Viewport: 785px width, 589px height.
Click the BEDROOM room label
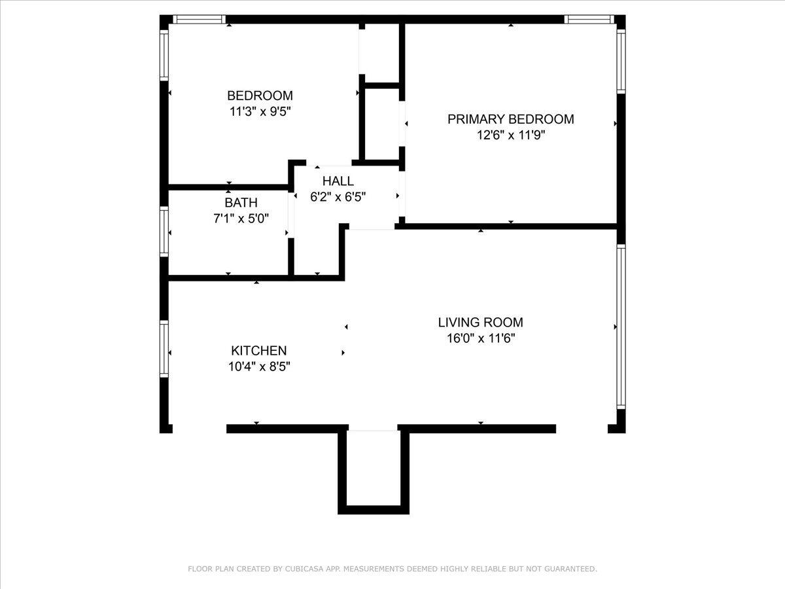pyautogui.click(x=260, y=96)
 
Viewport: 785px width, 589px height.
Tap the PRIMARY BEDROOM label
pyautogui.click(x=511, y=119)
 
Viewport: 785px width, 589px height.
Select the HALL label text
pyautogui.click(x=338, y=181)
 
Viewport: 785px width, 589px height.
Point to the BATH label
pyautogui.click(x=241, y=202)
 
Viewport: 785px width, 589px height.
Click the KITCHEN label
pyautogui.click(x=259, y=351)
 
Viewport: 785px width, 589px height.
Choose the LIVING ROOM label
pyautogui.click(x=480, y=322)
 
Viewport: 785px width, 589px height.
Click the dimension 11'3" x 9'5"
pyautogui.click(x=260, y=111)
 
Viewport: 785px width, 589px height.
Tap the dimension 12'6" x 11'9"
pyautogui.click(x=511, y=135)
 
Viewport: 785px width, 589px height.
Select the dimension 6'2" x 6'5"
pyautogui.click(x=338, y=197)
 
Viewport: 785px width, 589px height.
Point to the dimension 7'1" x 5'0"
pyautogui.click(x=241, y=218)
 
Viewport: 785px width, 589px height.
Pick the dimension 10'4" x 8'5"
pyautogui.click(x=259, y=366)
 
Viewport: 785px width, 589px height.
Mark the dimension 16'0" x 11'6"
pyautogui.click(x=481, y=338)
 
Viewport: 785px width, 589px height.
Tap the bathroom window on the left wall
pyautogui.click(x=164, y=232)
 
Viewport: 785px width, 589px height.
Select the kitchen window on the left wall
pyautogui.click(x=164, y=349)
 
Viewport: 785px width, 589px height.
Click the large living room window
pyautogui.click(x=621, y=327)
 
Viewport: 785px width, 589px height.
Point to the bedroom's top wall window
pyautogui.click(x=200, y=20)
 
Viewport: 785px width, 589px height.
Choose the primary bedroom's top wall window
pyautogui.click(x=589, y=20)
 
